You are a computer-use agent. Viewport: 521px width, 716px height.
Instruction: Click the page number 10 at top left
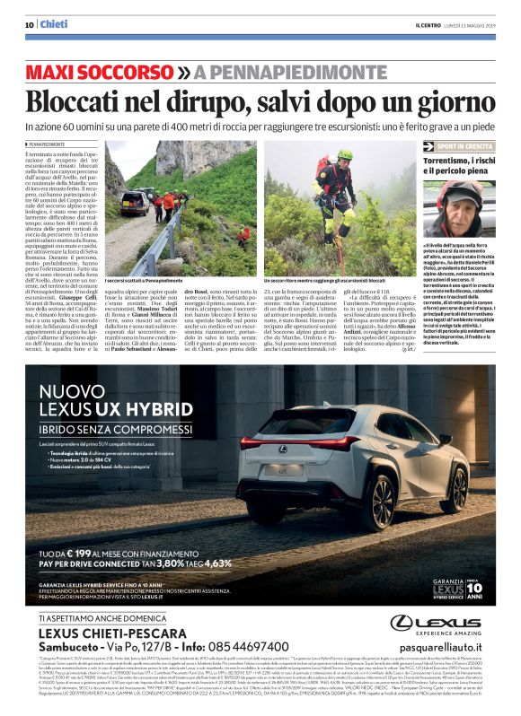tap(31, 23)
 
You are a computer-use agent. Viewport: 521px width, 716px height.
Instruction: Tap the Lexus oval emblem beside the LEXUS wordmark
tap(402, 622)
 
